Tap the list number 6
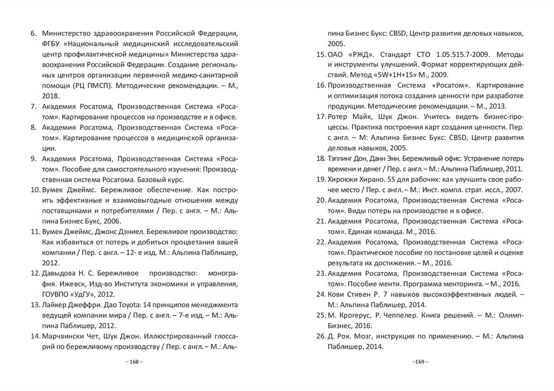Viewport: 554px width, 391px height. point(32,34)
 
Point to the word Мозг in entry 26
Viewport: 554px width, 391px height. point(368,336)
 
